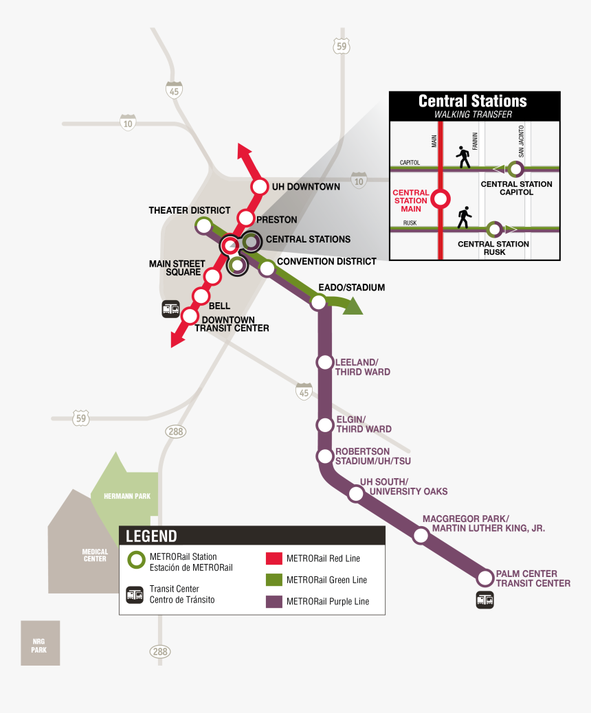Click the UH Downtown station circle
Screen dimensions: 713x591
click(x=260, y=187)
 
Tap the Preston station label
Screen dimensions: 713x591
click(x=276, y=220)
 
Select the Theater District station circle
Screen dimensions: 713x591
click(x=203, y=225)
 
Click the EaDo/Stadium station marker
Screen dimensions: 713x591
click(x=319, y=302)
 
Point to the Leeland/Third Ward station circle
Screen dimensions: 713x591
click(x=324, y=362)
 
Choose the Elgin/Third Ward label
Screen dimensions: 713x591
click(x=363, y=425)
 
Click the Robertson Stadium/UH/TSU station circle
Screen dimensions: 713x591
click(x=324, y=455)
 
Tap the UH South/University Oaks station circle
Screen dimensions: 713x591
click(x=356, y=493)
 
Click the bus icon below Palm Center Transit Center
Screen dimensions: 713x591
click(x=485, y=600)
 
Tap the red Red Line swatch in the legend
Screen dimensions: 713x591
click(x=274, y=558)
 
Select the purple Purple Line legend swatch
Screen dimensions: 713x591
click(x=274, y=601)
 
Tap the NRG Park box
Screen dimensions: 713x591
click(x=40, y=643)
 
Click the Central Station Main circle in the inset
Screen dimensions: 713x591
click(x=440, y=199)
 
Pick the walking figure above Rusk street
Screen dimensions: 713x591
click(x=465, y=218)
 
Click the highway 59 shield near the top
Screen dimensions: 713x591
click(x=341, y=47)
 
